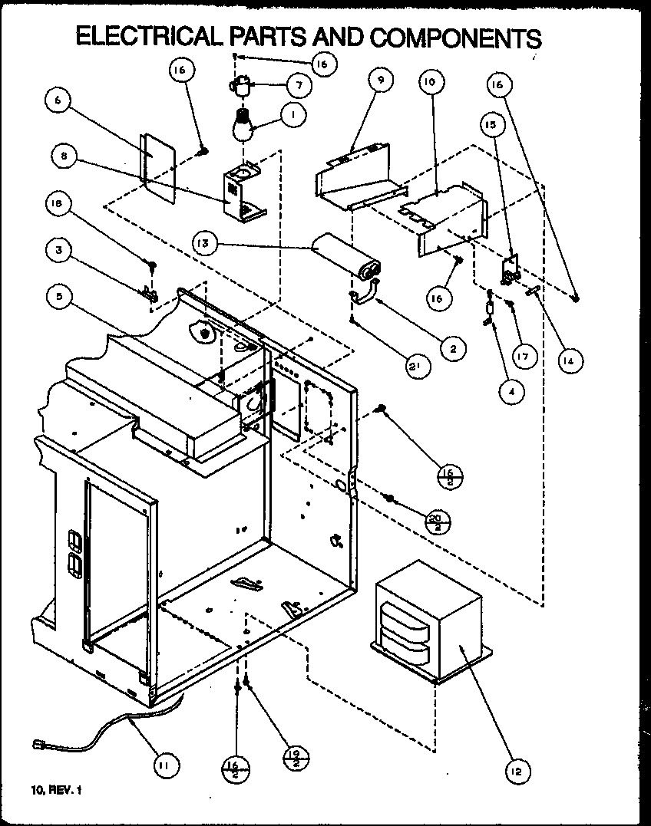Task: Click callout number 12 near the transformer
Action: coord(517,770)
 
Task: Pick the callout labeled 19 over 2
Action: coord(296,759)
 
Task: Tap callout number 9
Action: coord(379,80)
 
